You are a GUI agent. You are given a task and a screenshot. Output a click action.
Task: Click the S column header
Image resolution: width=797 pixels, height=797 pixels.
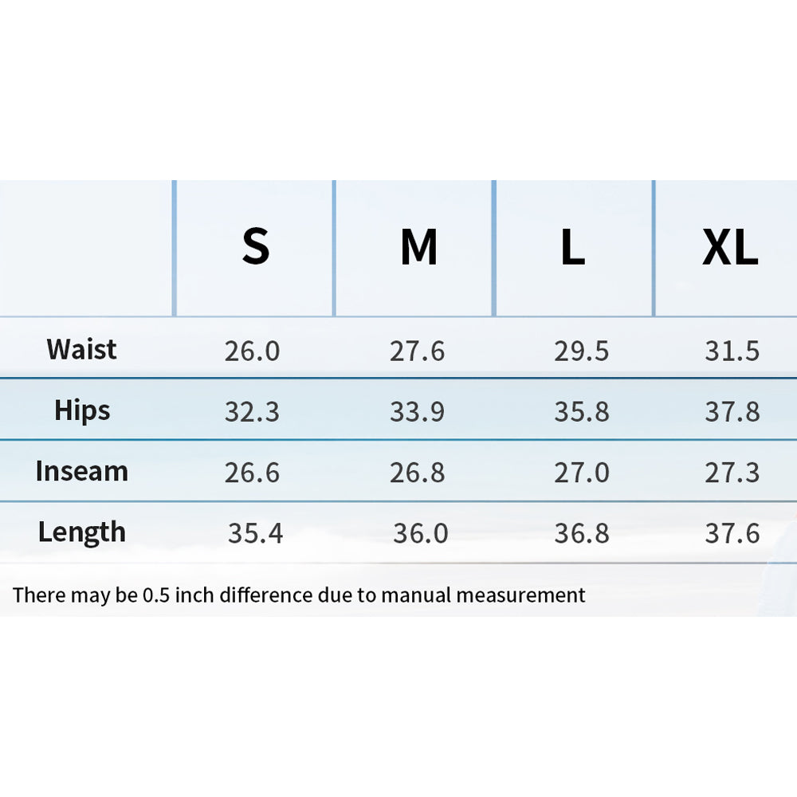255,246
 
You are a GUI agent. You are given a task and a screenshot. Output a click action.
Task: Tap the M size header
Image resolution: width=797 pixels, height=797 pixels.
418,246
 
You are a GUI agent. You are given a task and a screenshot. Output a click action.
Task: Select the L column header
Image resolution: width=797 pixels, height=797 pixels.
573,246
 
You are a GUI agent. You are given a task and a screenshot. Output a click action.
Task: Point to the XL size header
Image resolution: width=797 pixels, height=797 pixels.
730,246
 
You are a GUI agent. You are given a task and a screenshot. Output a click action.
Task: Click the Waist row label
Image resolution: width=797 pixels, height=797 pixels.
81,349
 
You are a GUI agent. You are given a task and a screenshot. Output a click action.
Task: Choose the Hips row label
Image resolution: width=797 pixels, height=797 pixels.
82,410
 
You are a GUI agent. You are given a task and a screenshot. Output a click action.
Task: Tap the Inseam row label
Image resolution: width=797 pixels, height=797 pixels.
82,471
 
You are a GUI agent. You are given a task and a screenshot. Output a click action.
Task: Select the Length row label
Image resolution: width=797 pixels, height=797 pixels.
82,532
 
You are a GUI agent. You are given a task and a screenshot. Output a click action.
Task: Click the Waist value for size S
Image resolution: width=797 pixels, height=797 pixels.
252,351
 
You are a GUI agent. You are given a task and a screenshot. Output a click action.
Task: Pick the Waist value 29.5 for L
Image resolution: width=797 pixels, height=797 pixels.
582,351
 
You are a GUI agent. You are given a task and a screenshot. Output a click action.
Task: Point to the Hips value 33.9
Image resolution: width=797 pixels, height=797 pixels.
417,412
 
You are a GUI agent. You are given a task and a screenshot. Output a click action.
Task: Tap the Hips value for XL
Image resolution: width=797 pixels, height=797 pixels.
732,412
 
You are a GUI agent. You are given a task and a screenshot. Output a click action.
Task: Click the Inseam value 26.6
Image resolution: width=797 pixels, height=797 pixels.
252,473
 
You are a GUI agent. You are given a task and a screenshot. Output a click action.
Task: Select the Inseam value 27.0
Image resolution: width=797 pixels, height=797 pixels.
582,473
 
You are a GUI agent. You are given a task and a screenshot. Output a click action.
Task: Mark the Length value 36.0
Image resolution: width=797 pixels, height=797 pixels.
420,534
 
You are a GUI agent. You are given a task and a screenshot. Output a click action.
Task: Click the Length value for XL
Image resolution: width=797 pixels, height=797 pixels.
732,534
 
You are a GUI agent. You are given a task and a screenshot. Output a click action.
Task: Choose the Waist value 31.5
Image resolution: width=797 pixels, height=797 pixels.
732,351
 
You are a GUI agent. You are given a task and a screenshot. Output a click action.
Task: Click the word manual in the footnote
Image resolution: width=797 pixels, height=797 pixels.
416,595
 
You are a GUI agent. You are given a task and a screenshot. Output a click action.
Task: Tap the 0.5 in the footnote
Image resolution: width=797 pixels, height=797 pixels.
156,595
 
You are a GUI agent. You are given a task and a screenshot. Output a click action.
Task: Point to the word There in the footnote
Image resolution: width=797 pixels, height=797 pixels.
39,595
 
